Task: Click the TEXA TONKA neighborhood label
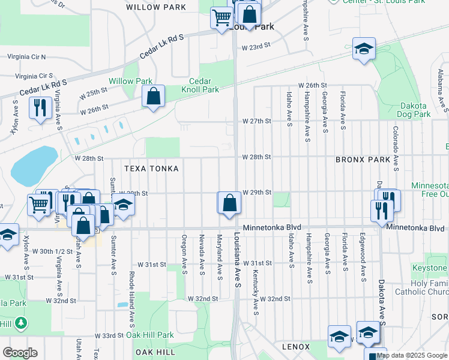tap(151, 169)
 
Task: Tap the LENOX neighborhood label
tap(296, 347)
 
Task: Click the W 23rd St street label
tap(256, 46)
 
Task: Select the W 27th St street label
tap(257, 121)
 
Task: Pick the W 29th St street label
tap(257, 193)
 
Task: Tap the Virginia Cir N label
tap(26, 56)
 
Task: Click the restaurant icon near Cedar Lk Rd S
tap(40, 108)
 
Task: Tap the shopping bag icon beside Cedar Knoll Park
tap(154, 96)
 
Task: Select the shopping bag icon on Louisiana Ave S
tap(229, 203)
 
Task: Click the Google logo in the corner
tap(20, 353)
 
